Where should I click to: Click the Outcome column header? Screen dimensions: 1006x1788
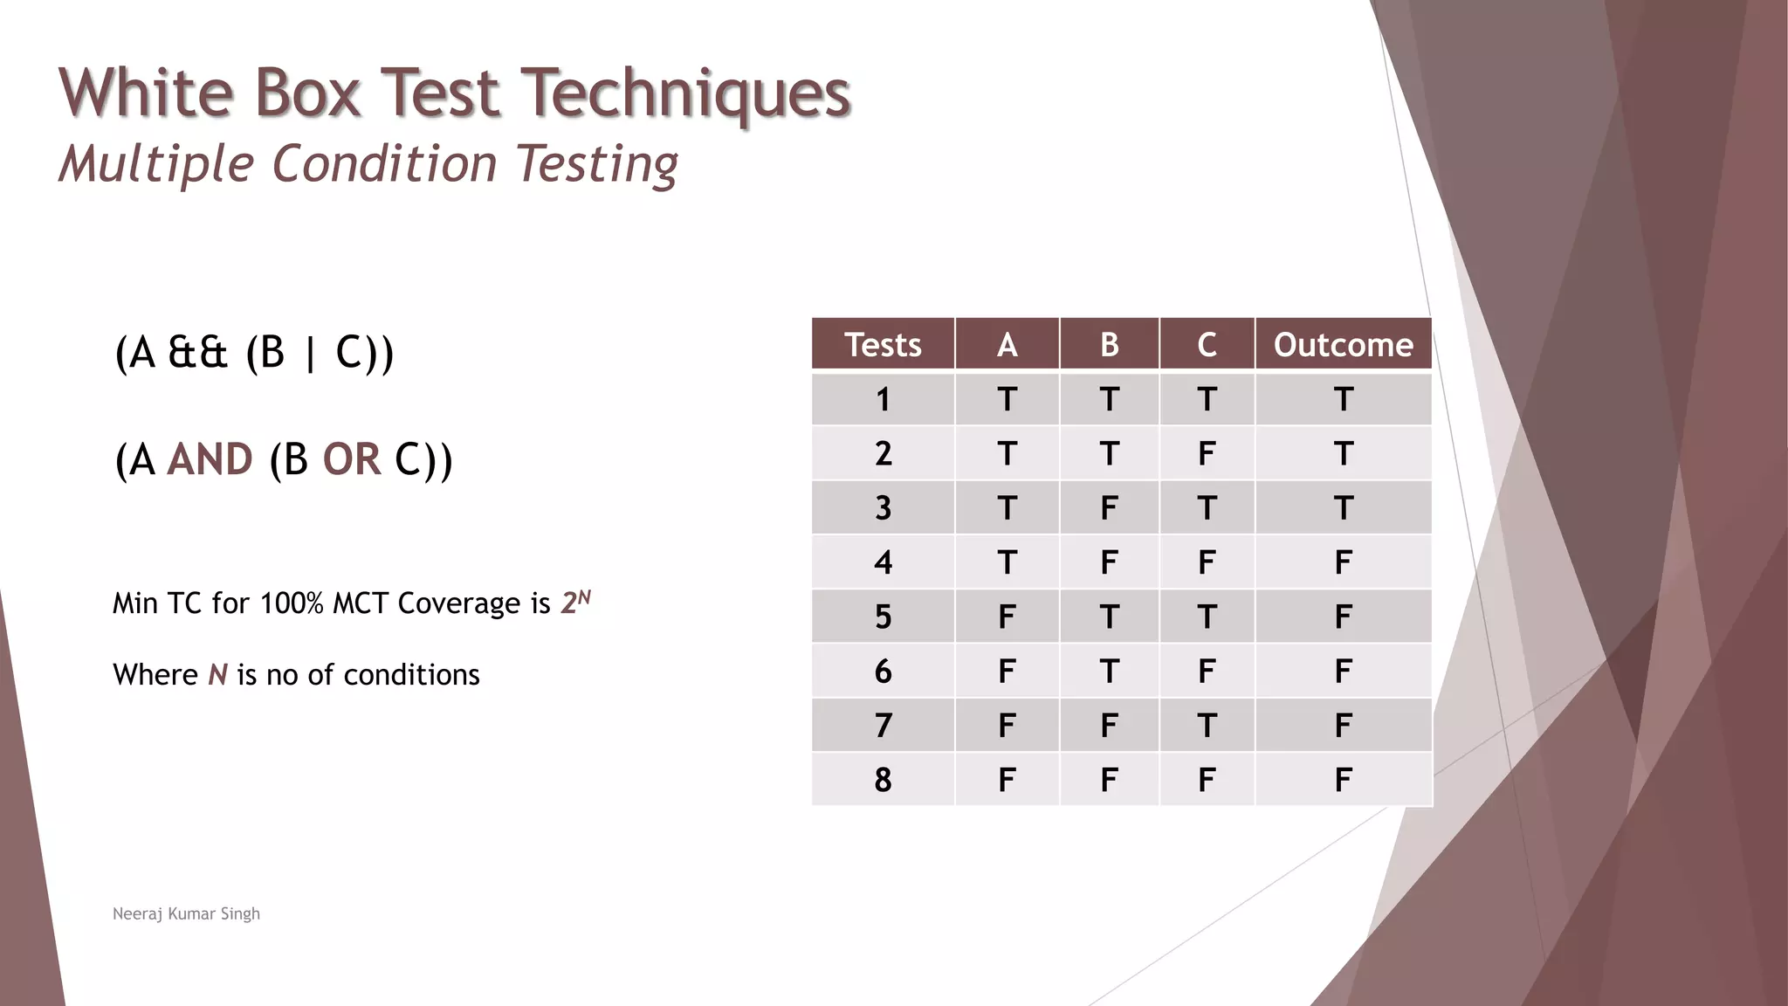(1343, 345)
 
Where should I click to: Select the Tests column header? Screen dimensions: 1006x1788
(883, 345)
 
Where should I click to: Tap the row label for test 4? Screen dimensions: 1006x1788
(883, 562)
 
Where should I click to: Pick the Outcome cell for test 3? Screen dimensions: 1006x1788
(1343, 507)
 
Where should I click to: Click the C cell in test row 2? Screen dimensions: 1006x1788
(1207, 453)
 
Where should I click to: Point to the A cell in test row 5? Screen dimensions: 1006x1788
(1007, 617)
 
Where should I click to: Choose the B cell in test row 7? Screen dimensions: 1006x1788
(1109, 725)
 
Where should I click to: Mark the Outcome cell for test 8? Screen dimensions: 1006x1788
(1343, 779)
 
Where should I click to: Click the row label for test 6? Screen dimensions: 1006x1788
(883, 671)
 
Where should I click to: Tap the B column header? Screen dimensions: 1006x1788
(1109, 345)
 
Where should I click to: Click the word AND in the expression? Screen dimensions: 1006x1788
(210, 459)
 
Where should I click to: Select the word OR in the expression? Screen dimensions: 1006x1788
(351, 459)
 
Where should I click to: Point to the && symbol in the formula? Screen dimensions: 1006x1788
(197, 353)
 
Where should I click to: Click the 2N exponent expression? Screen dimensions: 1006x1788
(575, 602)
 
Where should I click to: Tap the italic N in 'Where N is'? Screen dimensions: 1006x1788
(217, 675)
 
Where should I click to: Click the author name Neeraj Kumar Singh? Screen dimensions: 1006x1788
(186, 913)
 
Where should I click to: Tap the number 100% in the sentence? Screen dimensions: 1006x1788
(292, 603)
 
